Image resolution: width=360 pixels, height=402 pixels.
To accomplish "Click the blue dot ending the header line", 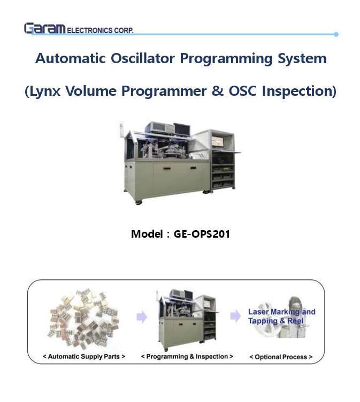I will [336, 34].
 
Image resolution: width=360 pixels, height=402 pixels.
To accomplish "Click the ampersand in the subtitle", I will [217, 91].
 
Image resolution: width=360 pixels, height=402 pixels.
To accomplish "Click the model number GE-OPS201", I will [202, 234].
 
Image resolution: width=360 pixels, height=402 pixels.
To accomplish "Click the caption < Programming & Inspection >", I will [187, 356].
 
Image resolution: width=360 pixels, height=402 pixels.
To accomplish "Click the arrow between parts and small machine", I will [142, 317].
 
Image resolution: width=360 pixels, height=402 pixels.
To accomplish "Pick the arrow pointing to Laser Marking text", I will [235, 316].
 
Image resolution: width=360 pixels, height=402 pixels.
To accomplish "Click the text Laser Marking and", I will [281, 312].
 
